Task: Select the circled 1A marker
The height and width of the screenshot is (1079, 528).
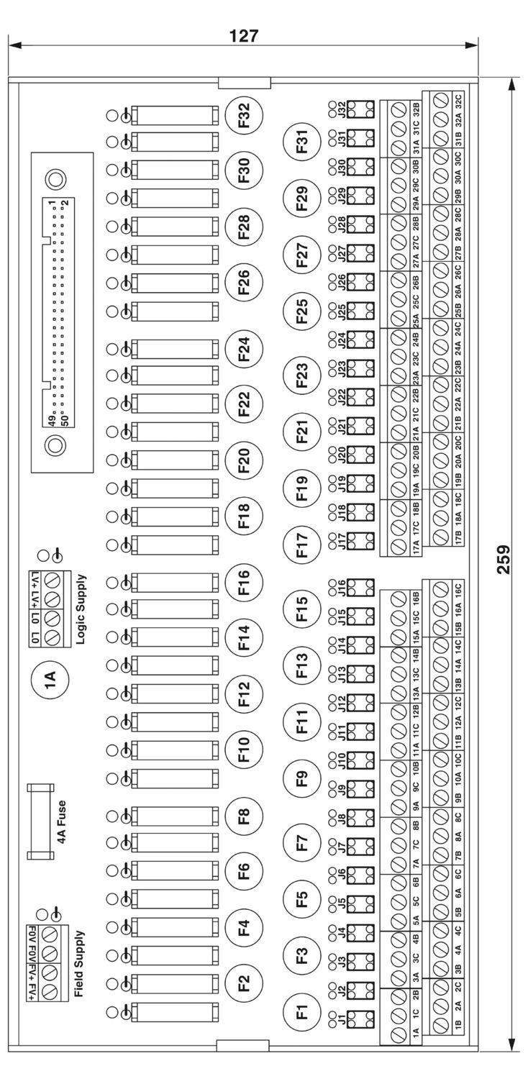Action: (x=50, y=680)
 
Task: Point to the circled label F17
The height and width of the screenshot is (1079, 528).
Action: (x=302, y=545)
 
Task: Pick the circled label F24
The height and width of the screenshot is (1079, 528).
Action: (x=245, y=349)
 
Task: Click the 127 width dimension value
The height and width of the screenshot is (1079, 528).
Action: (x=244, y=36)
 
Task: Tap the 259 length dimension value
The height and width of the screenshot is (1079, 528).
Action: (x=504, y=559)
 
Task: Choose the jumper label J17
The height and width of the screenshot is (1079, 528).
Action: (x=342, y=542)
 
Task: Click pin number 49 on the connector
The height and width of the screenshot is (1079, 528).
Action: (x=52, y=420)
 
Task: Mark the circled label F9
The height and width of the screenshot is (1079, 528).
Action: (x=302, y=779)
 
